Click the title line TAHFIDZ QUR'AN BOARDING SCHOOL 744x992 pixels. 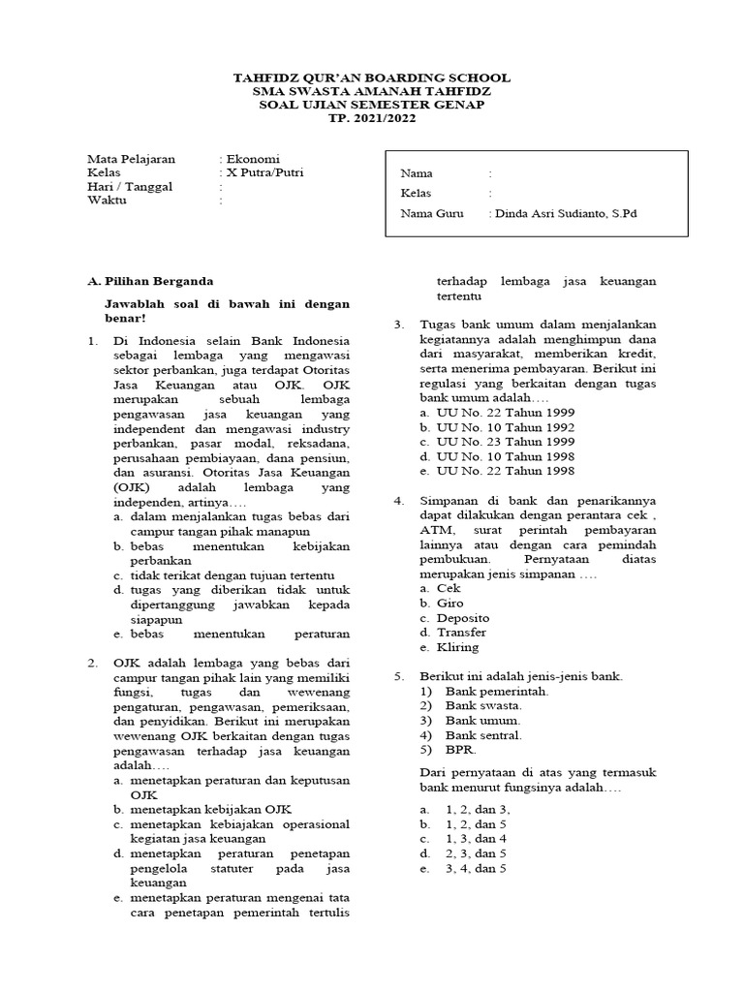pyautogui.click(x=372, y=77)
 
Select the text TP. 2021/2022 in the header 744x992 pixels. pyautogui.click(x=372, y=118)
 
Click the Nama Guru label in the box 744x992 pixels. pyautogui.click(x=432, y=213)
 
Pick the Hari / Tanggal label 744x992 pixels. pyautogui.click(x=130, y=187)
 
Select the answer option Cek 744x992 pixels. pyautogui.click(x=449, y=588)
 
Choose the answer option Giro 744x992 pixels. pyautogui.click(x=450, y=603)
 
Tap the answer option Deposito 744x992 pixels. pyautogui.click(x=463, y=617)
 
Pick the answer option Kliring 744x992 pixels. pyautogui.click(x=458, y=647)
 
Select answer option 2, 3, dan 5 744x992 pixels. pyautogui.click(x=476, y=853)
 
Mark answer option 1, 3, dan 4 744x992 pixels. pyautogui.click(x=476, y=838)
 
